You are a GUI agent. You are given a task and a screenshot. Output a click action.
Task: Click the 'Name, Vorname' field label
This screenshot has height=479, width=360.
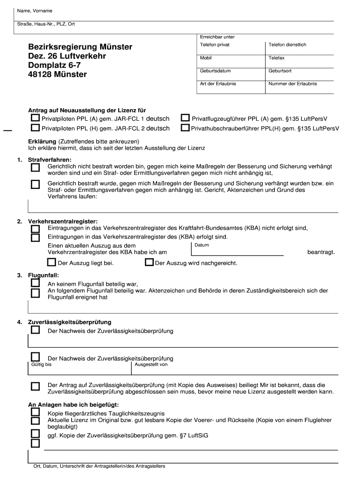pos(35,11)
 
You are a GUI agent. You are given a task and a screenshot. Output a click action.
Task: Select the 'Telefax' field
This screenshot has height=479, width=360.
pos(299,61)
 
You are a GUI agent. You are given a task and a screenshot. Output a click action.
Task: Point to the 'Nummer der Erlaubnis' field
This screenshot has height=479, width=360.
pos(299,87)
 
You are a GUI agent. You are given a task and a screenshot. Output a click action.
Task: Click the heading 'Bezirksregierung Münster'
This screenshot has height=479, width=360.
pos(80,47)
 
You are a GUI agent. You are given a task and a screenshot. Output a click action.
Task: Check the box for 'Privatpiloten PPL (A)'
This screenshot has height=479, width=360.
pos(36,118)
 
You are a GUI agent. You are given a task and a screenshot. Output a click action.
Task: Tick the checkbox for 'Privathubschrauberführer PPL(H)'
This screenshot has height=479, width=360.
pos(186,128)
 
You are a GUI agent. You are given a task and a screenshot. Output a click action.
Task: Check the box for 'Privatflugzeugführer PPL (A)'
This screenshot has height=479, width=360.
pos(186,118)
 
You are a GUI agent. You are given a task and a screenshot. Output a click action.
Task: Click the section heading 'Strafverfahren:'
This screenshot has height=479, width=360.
pos(50,160)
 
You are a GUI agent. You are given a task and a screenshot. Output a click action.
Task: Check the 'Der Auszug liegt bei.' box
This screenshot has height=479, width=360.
pos(51,262)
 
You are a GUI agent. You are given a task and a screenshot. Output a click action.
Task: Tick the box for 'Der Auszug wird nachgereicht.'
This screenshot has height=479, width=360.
pos(149,262)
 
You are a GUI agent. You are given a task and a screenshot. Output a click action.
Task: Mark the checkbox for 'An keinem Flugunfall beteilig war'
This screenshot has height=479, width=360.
pos(36,283)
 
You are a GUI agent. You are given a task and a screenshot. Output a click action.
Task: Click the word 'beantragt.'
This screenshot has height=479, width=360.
pos(321,252)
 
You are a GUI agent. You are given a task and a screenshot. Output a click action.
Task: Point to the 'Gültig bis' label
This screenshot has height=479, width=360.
pos(41,364)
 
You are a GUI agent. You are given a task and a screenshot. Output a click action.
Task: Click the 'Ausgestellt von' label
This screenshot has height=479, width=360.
pos(151,364)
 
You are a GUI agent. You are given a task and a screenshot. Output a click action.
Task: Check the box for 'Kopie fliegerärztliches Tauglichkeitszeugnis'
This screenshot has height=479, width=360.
pos(36,412)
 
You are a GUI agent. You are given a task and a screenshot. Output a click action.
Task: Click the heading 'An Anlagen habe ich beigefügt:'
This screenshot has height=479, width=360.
pos(73,405)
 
